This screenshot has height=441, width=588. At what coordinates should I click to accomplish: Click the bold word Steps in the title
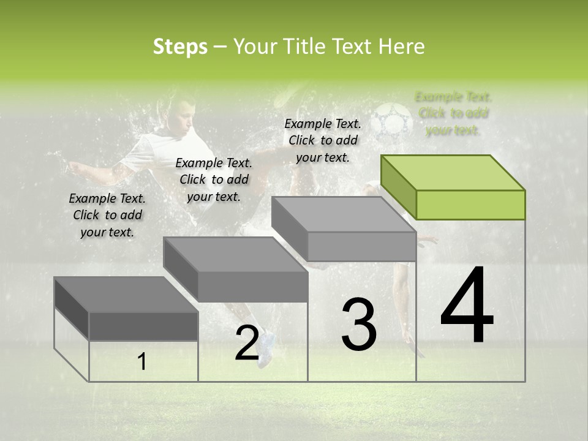coord(180,47)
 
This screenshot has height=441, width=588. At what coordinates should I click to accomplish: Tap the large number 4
coord(467,306)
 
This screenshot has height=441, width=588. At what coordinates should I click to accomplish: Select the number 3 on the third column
coord(358,325)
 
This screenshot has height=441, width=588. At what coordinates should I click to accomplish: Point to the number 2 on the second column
coord(247,343)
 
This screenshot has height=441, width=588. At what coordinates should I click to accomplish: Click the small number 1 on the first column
coord(142,362)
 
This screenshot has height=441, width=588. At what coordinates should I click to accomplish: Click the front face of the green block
coord(470,205)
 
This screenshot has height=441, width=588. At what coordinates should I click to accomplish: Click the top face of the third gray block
coord(344,214)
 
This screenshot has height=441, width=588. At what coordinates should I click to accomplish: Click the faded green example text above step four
coord(453,113)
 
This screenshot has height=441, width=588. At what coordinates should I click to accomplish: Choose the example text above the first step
coord(107,215)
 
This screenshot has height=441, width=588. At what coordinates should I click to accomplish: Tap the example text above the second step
coord(213,179)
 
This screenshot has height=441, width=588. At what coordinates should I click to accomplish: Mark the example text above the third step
coord(323,140)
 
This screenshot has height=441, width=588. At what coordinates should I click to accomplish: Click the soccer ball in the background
coord(392,119)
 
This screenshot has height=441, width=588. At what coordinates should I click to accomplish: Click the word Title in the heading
coord(306,47)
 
